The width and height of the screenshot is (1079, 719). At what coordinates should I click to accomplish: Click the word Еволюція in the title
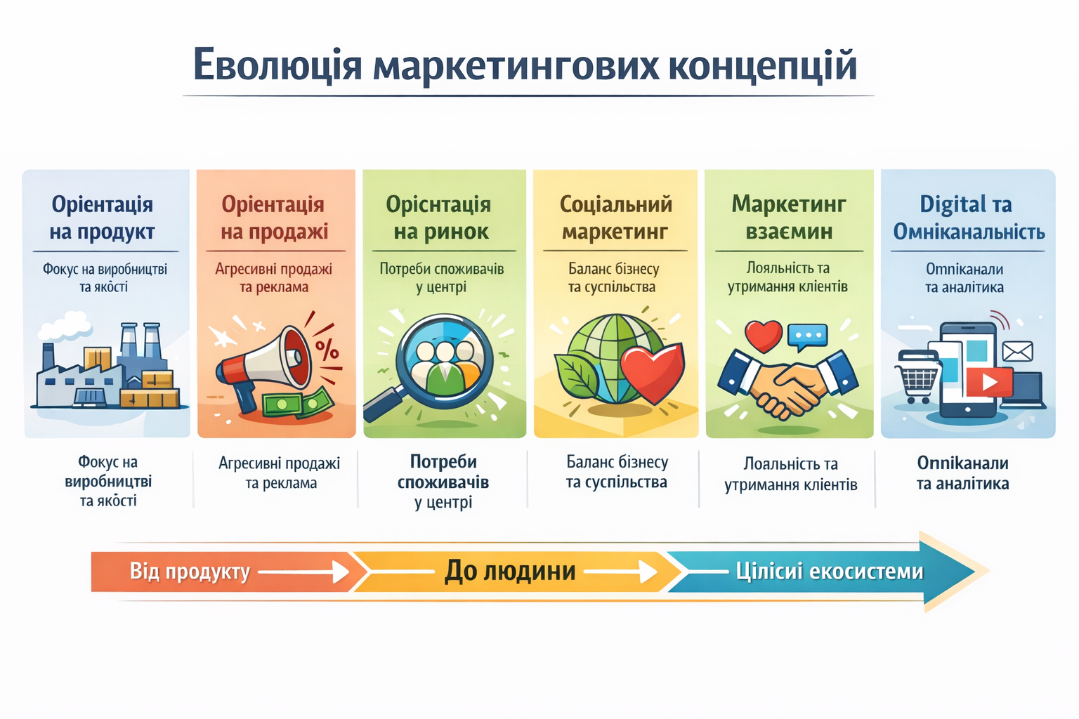click(277, 65)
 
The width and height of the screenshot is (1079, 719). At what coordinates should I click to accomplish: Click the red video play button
click(989, 382)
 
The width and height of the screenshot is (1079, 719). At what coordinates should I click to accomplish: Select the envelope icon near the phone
click(1016, 350)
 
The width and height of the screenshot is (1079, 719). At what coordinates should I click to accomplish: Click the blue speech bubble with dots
click(808, 336)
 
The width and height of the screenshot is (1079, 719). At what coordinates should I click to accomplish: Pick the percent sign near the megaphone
click(327, 349)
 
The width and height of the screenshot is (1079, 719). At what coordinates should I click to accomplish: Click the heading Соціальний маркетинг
click(615, 218)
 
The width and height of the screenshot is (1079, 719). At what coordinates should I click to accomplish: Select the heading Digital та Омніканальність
click(968, 218)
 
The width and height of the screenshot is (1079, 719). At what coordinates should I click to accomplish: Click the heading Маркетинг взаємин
click(789, 218)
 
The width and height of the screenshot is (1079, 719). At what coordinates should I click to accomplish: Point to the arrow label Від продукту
click(190, 572)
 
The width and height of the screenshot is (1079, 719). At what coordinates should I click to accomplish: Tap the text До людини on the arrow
click(510, 572)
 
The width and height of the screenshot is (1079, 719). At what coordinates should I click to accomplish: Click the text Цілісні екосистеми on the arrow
click(829, 572)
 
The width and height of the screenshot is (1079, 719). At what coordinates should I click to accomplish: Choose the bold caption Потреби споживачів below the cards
click(443, 472)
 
